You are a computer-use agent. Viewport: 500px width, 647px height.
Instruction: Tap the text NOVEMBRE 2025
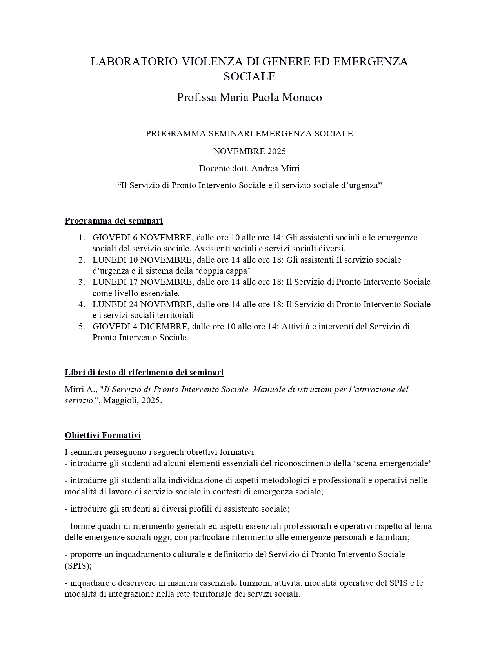click(249, 151)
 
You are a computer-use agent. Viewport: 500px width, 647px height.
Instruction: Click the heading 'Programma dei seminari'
click(114, 221)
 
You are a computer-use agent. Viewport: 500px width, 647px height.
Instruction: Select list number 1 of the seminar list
click(81, 238)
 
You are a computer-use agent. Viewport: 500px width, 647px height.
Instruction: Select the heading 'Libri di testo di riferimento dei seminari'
click(144, 373)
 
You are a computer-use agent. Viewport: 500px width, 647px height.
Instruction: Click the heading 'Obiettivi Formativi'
click(103, 435)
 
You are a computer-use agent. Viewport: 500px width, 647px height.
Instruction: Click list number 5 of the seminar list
click(81, 327)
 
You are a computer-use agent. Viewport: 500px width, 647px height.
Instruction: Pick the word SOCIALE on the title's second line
click(249, 76)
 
